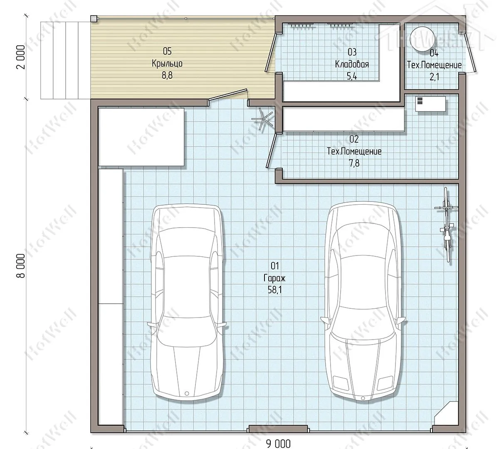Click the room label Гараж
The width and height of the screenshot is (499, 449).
pos(274,278)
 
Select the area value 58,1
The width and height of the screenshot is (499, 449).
pos(274,290)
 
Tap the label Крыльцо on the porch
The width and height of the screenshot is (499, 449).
pos(167,64)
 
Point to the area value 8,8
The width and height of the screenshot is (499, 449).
pos(167,75)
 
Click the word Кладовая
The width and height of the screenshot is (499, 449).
pos(352,64)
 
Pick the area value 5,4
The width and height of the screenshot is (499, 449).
pos(352,76)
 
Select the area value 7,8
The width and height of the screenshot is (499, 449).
pos(354,163)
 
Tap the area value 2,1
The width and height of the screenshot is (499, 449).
pos(434,77)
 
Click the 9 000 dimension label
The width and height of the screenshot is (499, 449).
pos(278,444)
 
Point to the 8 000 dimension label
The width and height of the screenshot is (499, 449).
pos(21,266)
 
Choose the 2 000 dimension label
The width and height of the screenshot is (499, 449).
pos(21,57)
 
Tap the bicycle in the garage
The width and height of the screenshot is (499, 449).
pos(447,224)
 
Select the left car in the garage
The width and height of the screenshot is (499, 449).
pos(187,303)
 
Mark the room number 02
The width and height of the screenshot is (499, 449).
pos(354,139)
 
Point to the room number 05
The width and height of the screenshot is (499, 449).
pos(167,51)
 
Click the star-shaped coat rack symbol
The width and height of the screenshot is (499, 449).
pos(262,119)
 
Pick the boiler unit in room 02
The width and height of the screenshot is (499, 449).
pos(430,104)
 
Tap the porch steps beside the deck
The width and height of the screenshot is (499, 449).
pos(65,60)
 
